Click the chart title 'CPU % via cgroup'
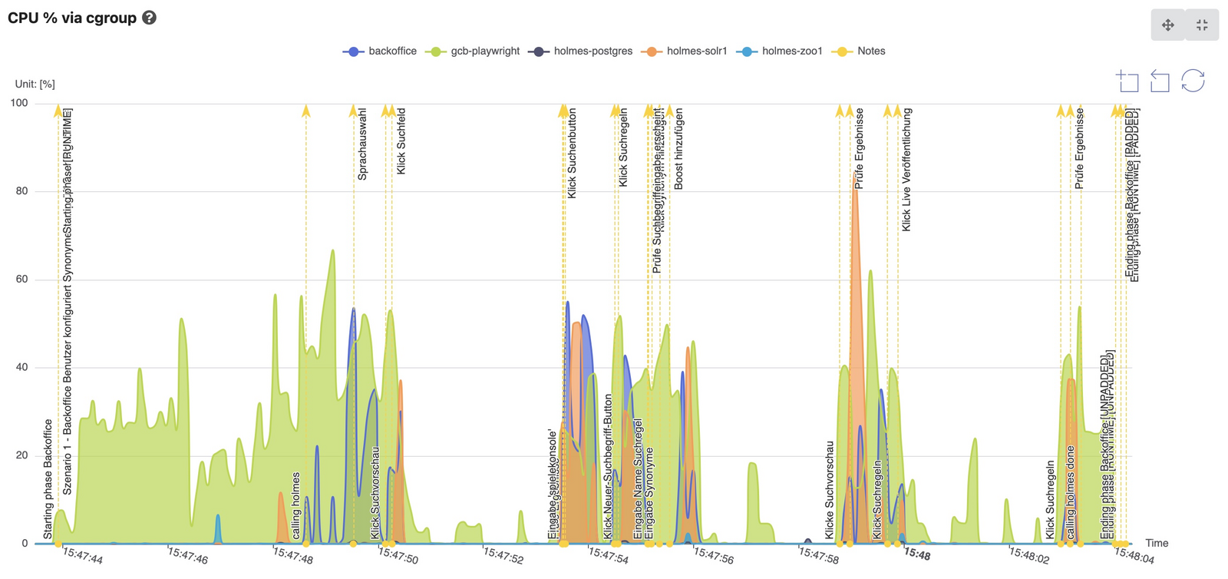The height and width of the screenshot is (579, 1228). tap(72, 18)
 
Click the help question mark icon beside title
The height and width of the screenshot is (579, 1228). tap(150, 18)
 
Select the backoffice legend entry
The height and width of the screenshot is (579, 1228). tap(381, 51)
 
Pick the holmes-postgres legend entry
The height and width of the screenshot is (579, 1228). tap(583, 51)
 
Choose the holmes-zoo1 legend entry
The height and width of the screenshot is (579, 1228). tap(781, 51)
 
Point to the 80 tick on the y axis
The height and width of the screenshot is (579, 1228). tap(21, 191)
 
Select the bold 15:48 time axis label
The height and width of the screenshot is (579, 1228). tap(917, 554)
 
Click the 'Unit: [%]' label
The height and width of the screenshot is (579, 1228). tap(35, 84)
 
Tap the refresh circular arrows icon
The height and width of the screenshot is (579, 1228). tap(1193, 81)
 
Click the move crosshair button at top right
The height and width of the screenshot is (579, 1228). tap(1167, 25)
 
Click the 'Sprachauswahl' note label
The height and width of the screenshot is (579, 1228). tap(362, 144)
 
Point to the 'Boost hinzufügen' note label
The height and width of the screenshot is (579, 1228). tap(678, 149)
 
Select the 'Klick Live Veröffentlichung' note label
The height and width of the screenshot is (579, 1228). tap(906, 170)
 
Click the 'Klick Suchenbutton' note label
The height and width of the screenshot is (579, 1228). tap(572, 154)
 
